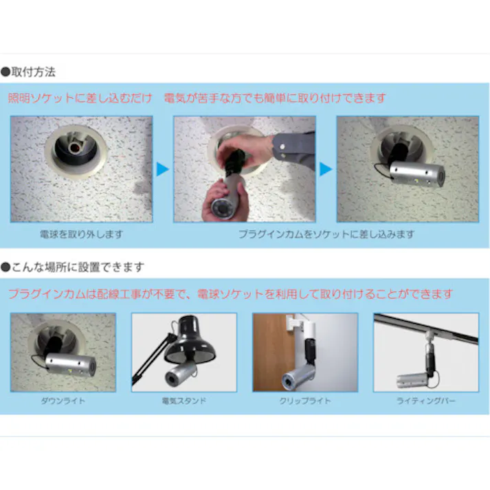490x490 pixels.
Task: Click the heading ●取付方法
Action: (28, 71)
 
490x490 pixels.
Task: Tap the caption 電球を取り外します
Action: (82, 234)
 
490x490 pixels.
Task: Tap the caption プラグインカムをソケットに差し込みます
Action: (326, 234)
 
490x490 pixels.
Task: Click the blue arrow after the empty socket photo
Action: (162, 169)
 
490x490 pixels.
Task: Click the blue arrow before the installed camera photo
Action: (325, 169)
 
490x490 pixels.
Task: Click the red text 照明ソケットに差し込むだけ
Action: (80, 98)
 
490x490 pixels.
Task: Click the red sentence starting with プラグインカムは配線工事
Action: (230, 294)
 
